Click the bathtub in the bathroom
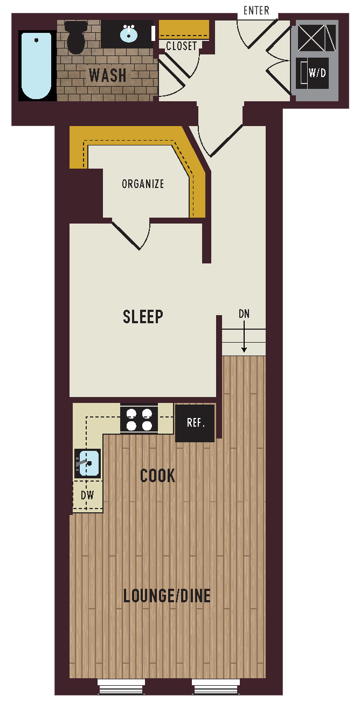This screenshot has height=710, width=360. pyautogui.click(x=37, y=65)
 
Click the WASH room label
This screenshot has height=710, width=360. pyautogui.click(x=108, y=75)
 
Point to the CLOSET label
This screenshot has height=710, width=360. pyautogui.click(x=182, y=46)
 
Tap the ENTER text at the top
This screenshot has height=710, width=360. pyautogui.click(x=257, y=11)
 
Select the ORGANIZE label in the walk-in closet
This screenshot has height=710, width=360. pyautogui.click(x=143, y=184)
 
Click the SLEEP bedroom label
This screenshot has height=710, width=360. pyautogui.click(x=143, y=316)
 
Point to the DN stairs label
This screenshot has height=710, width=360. pyautogui.click(x=244, y=314)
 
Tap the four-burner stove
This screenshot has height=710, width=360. pyautogui.click(x=139, y=419)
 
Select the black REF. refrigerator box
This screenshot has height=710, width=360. pyautogui.click(x=195, y=423)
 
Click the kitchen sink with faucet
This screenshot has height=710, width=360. pyautogui.click(x=88, y=463)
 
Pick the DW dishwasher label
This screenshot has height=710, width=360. pyautogui.click(x=87, y=495)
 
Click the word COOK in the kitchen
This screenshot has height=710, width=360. pyautogui.click(x=157, y=476)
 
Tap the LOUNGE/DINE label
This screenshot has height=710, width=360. pyautogui.click(x=167, y=596)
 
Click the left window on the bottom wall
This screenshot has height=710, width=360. pyautogui.click(x=121, y=687)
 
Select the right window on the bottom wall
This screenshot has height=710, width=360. pyautogui.click(x=216, y=687)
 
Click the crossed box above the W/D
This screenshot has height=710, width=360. pyautogui.click(x=316, y=38)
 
